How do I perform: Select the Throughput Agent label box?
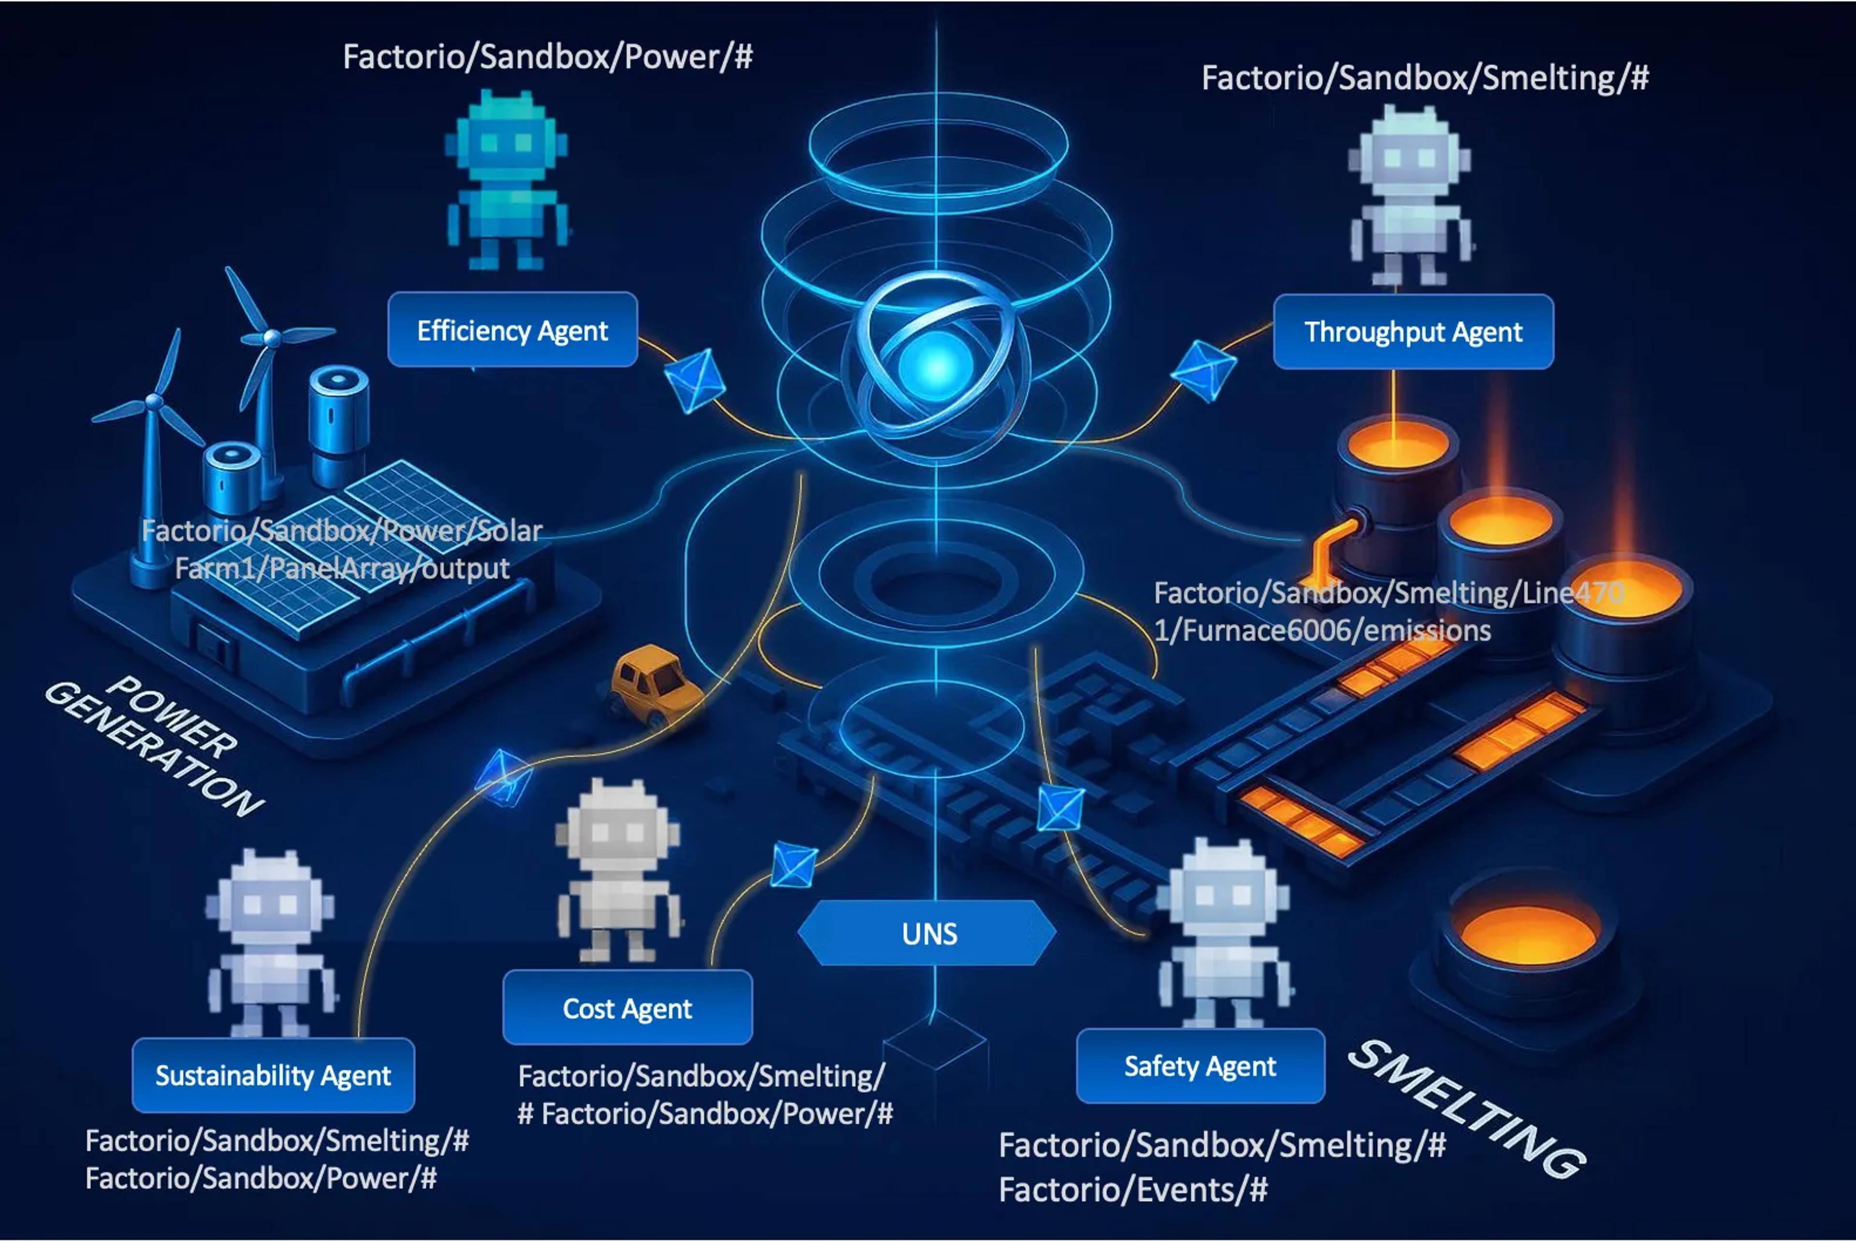(1413, 332)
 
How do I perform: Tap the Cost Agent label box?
(627, 1008)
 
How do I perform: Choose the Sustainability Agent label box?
(273, 1076)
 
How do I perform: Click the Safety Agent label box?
(1200, 1066)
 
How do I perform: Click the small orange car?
(654, 683)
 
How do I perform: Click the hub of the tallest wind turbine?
(272, 338)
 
